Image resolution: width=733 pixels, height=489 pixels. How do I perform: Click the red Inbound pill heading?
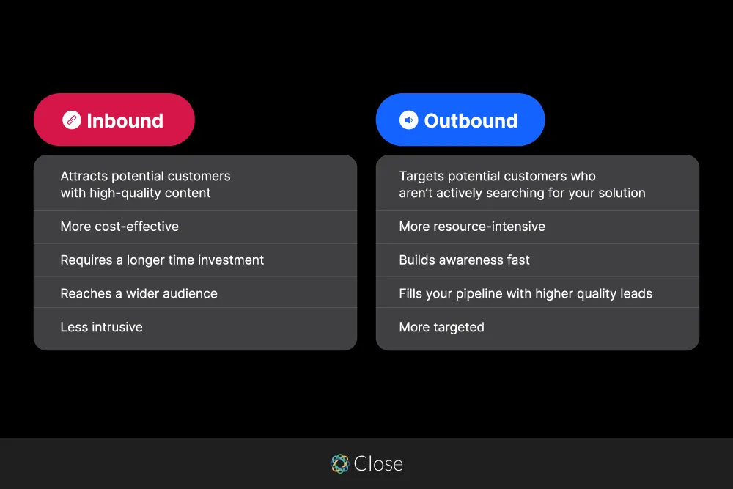114,120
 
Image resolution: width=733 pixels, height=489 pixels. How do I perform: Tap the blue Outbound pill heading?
460,120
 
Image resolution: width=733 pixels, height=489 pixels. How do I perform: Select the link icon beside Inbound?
71,120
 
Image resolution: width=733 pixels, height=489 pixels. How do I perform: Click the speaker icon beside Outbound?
408,120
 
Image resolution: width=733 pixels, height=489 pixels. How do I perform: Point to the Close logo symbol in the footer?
339,463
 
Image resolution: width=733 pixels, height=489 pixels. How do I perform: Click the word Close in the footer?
378,463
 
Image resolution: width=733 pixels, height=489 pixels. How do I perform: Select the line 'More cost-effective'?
119,227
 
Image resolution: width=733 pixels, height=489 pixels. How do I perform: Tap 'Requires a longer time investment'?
162,260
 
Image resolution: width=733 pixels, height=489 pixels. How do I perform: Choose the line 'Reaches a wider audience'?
139,293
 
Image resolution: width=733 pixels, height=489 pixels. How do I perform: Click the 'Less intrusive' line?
101,327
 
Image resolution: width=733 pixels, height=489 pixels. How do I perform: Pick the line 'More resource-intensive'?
472,227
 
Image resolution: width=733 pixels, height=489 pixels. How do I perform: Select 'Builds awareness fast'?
464,260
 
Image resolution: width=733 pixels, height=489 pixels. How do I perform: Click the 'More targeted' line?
441,327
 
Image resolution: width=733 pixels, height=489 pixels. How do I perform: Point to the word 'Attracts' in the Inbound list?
84,176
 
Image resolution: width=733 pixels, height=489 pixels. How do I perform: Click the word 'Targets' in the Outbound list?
421,176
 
